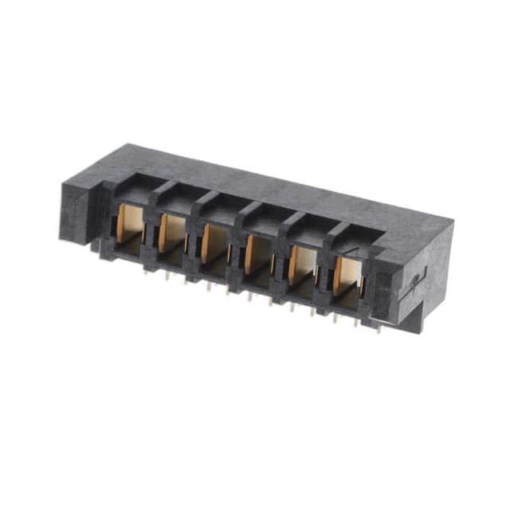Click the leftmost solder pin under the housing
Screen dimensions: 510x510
pyautogui.click(x=146, y=271)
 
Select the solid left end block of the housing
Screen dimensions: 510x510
pyautogui.click(x=80, y=211)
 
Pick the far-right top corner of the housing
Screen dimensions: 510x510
pyautogui.click(x=453, y=222)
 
